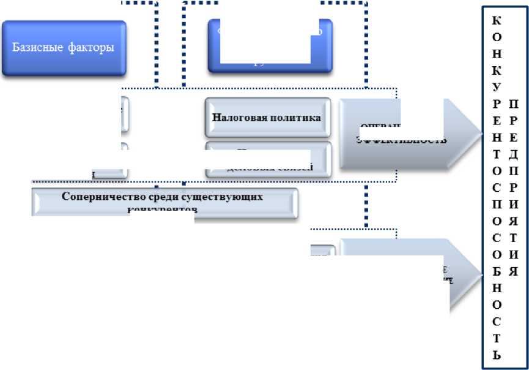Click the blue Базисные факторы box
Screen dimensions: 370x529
[x=64, y=48]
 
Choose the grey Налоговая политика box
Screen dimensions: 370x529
[x=268, y=117]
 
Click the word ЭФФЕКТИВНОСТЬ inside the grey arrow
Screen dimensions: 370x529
[x=401, y=140]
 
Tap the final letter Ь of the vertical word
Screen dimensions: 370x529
[x=496, y=354]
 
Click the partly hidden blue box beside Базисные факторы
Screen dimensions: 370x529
[x=270, y=47]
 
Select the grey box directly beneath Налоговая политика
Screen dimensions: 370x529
[x=268, y=159]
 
